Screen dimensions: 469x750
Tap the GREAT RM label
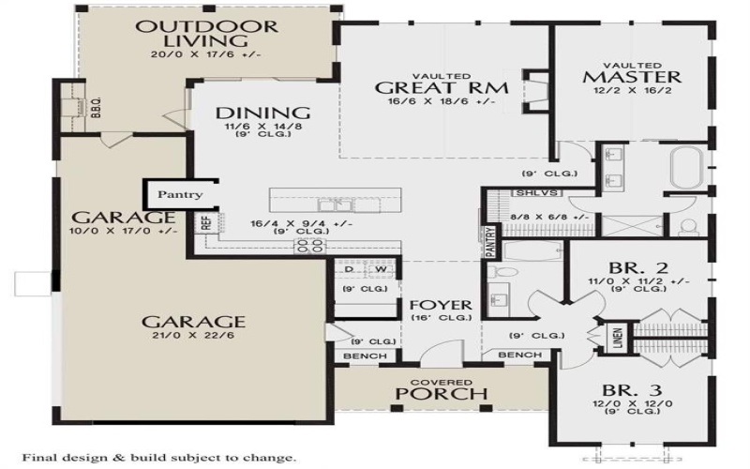pyautogui.click(x=442, y=87)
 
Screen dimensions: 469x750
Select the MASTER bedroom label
pyautogui.click(x=631, y=74)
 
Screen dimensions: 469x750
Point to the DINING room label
pyautogui.click(x=249, y=113)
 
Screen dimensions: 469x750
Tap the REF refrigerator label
pyautogui.click(x=204, y=223)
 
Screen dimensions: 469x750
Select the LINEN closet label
pyautogui.click(x=619, y=340)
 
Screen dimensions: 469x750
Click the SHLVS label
pyautogui.click(x=525, y=193)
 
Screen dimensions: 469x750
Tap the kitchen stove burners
pyautogui.click(x=310, y=246)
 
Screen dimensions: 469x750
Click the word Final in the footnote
pyautogui.click(x=41, y=458)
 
